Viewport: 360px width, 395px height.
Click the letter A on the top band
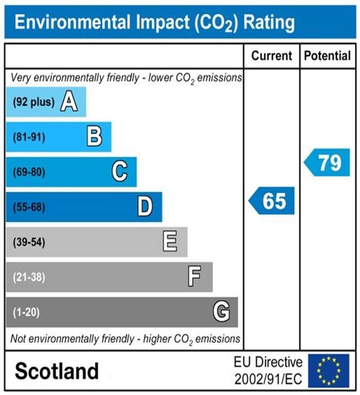point(69,103)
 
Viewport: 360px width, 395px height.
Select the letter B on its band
point(95,137)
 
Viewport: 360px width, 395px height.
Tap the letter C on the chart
point(120,172)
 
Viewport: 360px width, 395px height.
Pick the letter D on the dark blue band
point(145,207)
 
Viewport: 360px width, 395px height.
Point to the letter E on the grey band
point(170,242)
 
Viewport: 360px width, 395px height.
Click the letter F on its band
point(194,277)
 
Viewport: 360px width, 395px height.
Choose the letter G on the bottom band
point(221,312)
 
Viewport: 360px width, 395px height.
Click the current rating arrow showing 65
point(272,201)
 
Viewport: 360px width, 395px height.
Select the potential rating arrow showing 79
point(327,162)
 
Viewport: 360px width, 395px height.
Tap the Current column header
point(272,56)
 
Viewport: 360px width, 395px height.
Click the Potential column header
point(328,56)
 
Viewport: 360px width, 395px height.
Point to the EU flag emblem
point(328,371)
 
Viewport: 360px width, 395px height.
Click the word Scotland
point(57,371)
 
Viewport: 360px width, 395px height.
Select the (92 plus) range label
point(34,103)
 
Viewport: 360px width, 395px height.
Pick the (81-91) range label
point(29,137)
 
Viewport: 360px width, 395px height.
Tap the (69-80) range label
point(29,172)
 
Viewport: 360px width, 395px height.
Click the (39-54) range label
point(29,243)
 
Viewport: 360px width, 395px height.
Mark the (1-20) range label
point(26,312)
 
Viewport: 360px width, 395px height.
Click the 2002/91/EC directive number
point(269,379)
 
